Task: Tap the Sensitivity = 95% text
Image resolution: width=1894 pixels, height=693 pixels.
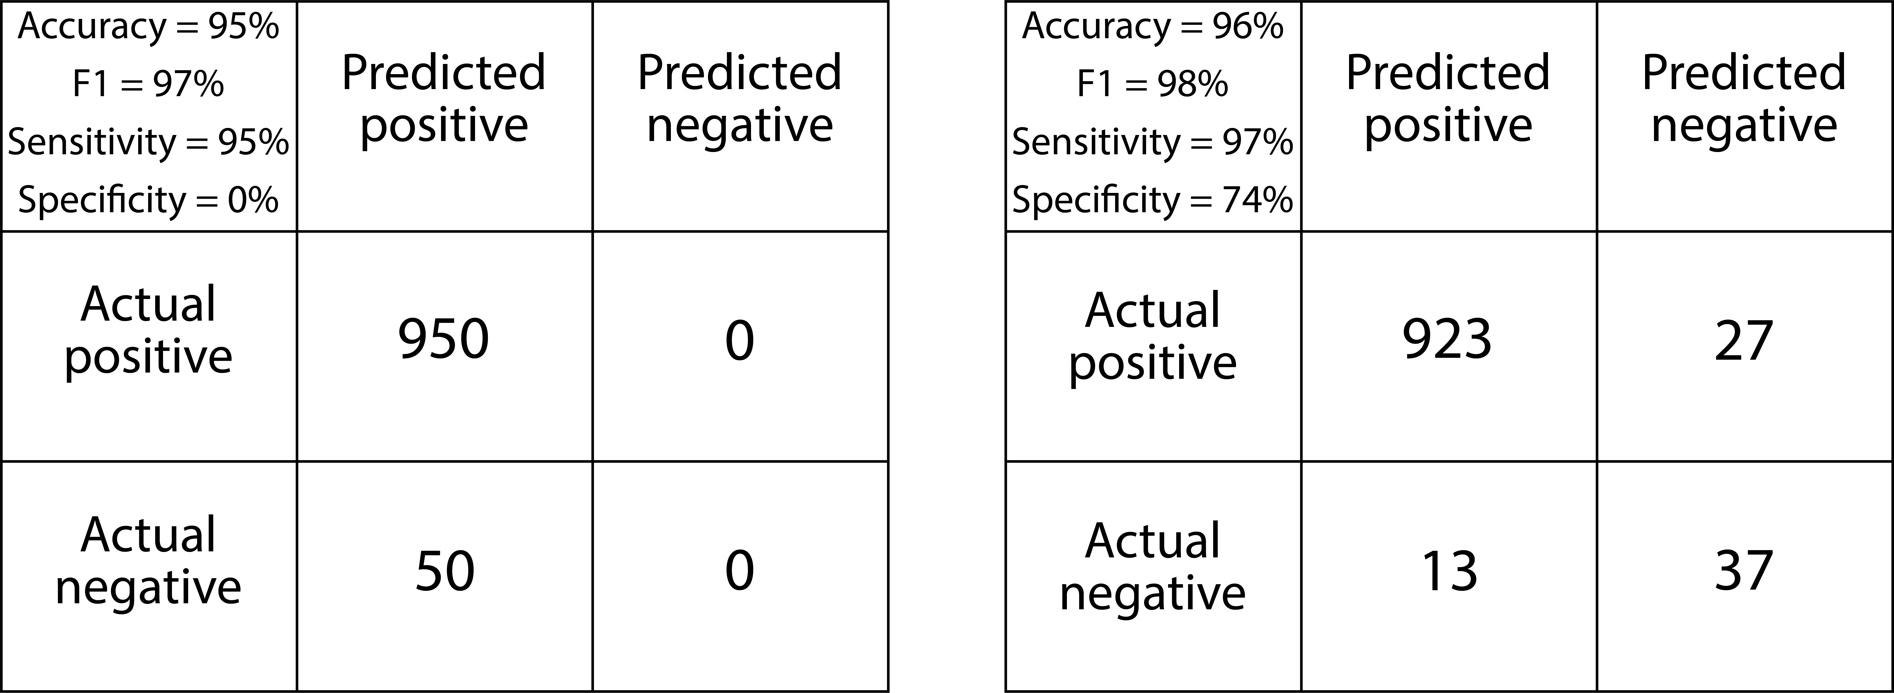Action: click(149, 142)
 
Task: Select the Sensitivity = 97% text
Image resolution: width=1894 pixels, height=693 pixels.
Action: click(1153, 142)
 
